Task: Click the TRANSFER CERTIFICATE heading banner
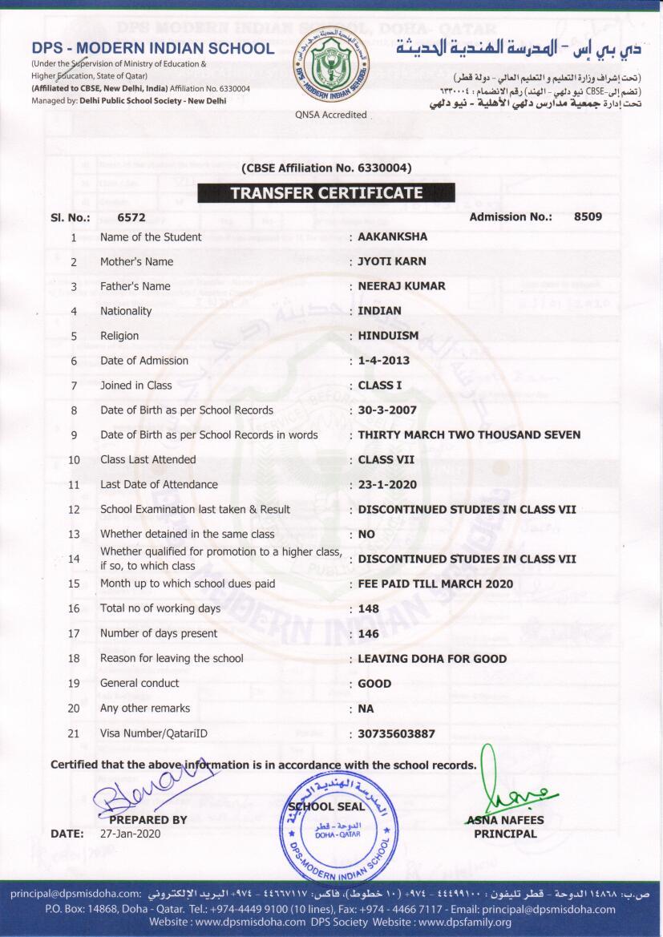pos(326,192)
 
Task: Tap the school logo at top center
pos(330,65)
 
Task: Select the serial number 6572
pos(131,217)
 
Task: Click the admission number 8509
pos(588,216)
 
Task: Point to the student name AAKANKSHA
pos(392,237)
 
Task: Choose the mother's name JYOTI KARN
pos(391,261)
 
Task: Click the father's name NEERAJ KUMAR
pos(402,286)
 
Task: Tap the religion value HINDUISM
pos(388,336)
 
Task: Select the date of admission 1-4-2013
pos(386,361)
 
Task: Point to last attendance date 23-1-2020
pos(387,485)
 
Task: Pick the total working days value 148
pos(369,608)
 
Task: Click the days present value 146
pos(369,633)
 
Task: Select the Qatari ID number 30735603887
pos(397,733)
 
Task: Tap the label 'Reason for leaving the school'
pos(172,658)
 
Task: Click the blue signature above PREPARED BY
pos(149,790)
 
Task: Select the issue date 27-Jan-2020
pos(131,834)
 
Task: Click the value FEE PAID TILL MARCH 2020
pos(435,584)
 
